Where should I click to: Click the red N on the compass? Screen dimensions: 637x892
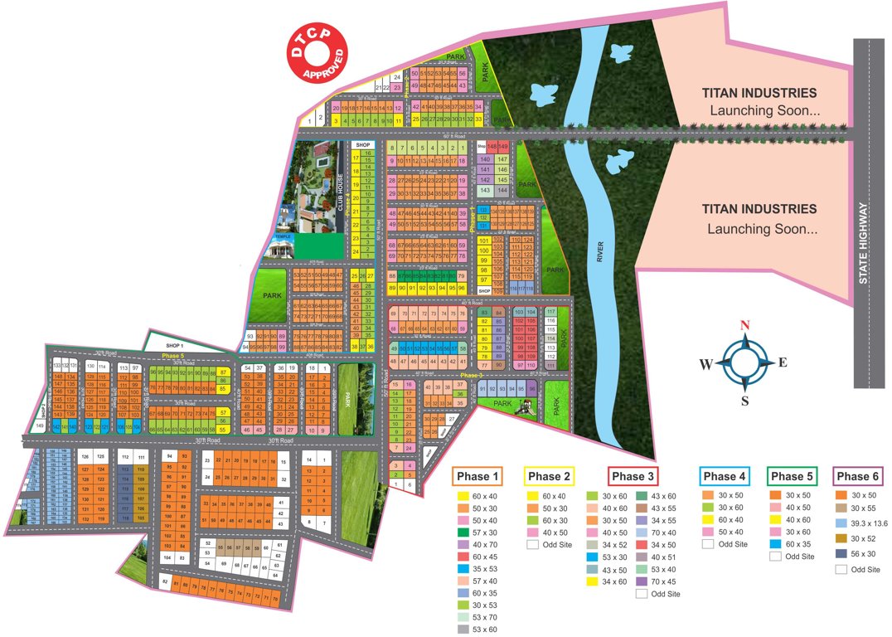point(744,324)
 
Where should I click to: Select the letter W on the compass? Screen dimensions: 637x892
point(705,363)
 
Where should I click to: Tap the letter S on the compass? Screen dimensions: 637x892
point(744,401)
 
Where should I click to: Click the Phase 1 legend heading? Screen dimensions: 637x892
point(478,476)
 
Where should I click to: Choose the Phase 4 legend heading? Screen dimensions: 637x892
point(725,476)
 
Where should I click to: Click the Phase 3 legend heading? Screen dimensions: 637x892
point(633,476)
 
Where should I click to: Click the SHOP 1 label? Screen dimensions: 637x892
point(174,344)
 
